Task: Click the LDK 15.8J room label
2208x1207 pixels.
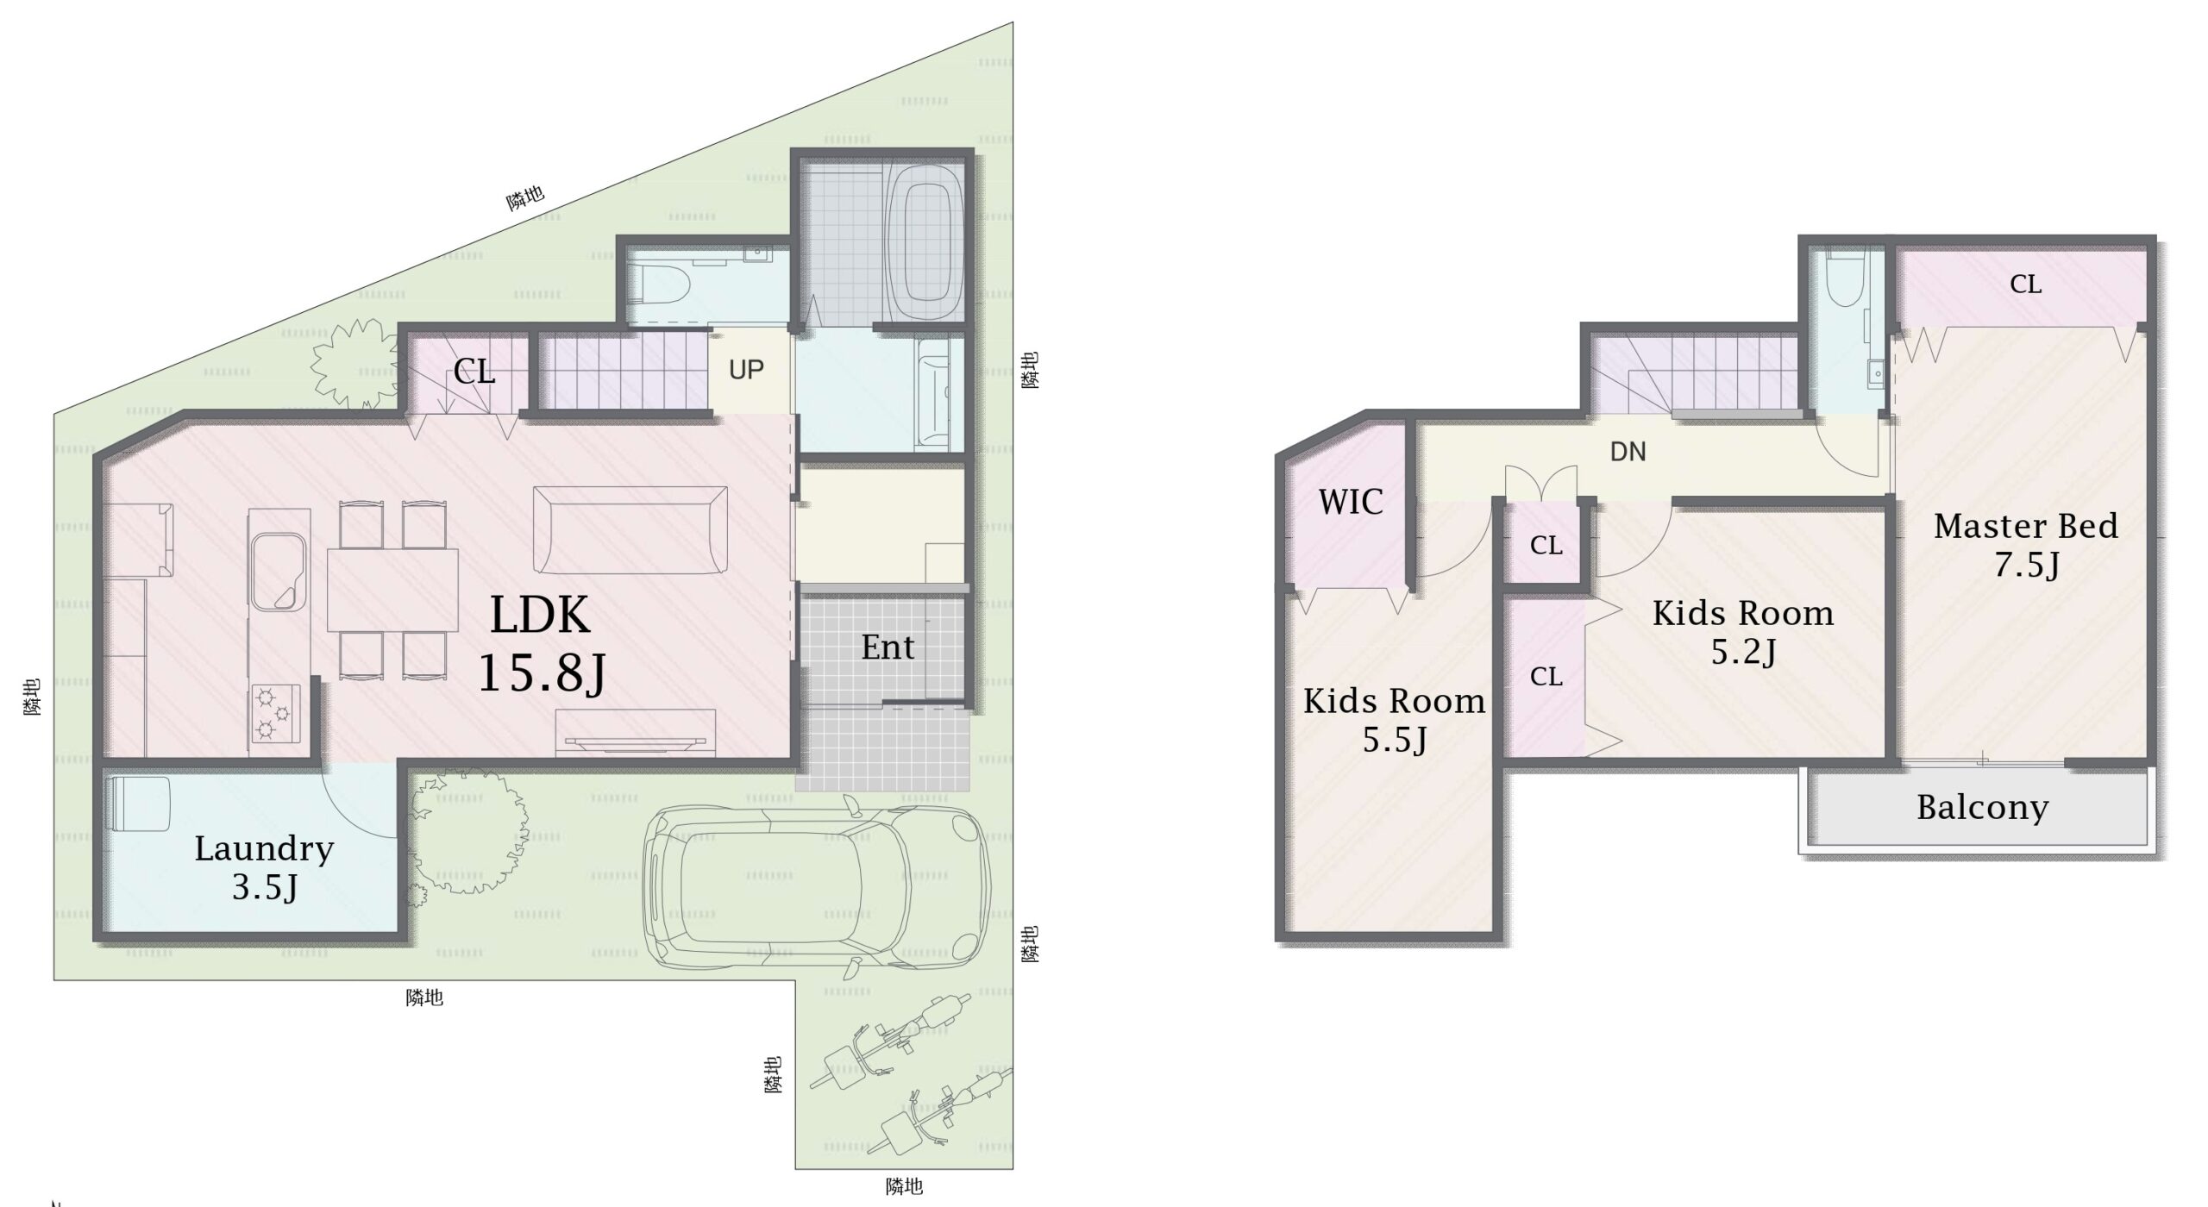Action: pyautogui.click(x=541, y=643)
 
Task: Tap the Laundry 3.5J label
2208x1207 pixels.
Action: pyautogui.click(x=264, y=867)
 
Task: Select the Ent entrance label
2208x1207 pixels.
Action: pyautogui.click(x=888, y=647)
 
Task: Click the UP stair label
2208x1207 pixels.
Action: pyautogui.click(x=746, y=370)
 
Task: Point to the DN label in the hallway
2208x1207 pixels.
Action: pyautogui.click(x=1628, y=452)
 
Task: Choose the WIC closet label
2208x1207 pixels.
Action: pyautogui.click(x=1351, y=502)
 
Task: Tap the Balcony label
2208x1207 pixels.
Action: pyautogui.click(x=1983, y=808)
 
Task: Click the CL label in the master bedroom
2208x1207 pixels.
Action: pyautogui.click(x=2025, y=285)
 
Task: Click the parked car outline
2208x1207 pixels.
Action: pyautogui.click(x=817, y=889)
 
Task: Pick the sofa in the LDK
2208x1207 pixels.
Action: pyautogui.click(x=630, y=530)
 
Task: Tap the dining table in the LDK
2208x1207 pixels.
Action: pyautogui.click(x=392, y=591)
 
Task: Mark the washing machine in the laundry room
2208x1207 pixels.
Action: pyautogui.click(x=138, y=804)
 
